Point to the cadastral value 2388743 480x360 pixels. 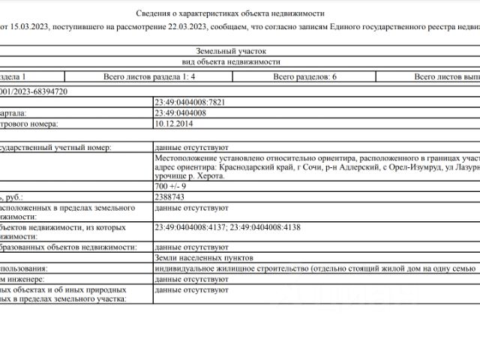pyautogui.click(x=169, y=196)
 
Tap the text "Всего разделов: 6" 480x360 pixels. pyautogui.click(x=304, y=76)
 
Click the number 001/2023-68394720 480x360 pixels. pyautogui.click(x=34, y=91)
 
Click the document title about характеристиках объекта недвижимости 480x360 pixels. pyautogui.click(x=231, y=13)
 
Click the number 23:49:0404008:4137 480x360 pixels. pyautogui.click(x=189, y=226)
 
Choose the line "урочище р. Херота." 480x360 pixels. pyautogui.click(x=186, y=177)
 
